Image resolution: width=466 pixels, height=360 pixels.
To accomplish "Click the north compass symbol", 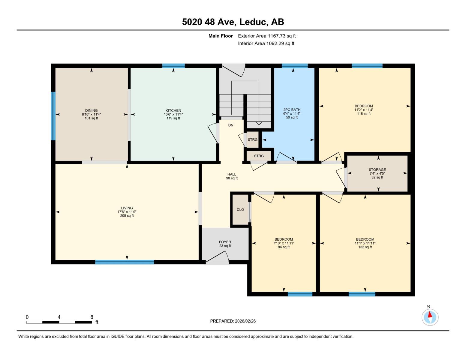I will pos(430,317).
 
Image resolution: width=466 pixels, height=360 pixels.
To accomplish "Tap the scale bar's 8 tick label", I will pos(92,317).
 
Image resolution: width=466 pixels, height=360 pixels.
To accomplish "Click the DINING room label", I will pos(91,110).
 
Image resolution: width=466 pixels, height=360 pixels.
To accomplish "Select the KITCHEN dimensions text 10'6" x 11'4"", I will pos(173,114).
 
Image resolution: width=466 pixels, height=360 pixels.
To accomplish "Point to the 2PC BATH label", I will pos(292,110).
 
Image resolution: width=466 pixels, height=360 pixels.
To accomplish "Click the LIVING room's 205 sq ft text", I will pos(127,216).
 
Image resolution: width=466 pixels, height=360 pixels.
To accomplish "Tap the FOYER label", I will pos(225,242).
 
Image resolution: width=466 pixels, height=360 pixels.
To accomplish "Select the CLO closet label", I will pos(240,210).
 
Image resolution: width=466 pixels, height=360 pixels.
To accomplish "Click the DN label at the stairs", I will pos(230,125).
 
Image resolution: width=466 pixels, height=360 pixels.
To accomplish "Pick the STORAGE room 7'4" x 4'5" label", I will pos(377,173).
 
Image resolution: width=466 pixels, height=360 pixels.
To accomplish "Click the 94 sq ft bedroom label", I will pos(284,247).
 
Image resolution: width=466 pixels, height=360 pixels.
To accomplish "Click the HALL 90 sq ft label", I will pos(232,176).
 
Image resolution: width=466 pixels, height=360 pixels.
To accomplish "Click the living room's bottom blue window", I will pos(125,262).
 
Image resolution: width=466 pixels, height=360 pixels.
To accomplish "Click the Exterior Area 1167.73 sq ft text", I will pos(267,36).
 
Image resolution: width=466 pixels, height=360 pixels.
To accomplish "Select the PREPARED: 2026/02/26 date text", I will pos(233,321).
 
